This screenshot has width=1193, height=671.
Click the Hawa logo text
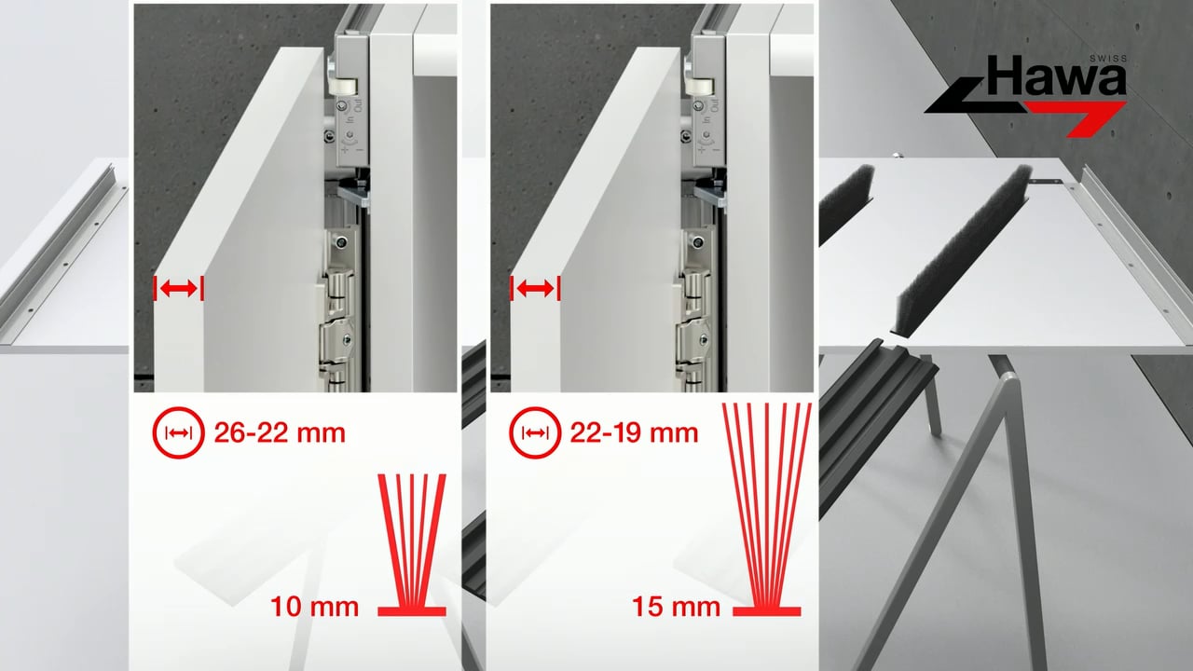tap(1057, 76)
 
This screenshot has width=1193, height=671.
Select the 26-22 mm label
tap(280, 433)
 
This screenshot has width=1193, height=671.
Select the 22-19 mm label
tap(634, 433)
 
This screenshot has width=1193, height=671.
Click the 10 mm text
tap(315, 607)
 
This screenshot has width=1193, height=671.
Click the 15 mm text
tap(676, 607)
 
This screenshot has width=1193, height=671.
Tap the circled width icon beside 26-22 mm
tap(178, 433)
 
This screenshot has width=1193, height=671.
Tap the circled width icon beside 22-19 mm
tap(535, 433)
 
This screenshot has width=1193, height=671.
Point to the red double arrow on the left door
tap(178, 289)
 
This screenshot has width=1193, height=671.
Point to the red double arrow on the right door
tap(535, 289)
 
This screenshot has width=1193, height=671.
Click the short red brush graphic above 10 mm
tap(412, 545)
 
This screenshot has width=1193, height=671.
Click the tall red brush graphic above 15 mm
tap(767, 510)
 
